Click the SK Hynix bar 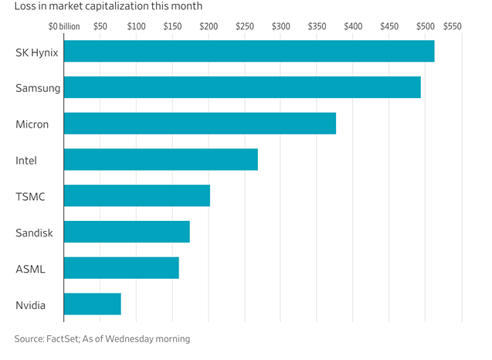249,51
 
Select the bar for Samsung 243,87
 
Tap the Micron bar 200,124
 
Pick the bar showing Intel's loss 161,159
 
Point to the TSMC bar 137,195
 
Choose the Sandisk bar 127,232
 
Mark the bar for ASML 121,268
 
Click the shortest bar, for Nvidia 92,304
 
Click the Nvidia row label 30,305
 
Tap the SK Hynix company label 37,53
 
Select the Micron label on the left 32,124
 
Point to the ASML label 30,269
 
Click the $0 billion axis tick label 64,26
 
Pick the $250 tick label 245,26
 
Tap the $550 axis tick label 452,26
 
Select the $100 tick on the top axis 136,26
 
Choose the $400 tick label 353,26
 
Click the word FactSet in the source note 63,338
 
